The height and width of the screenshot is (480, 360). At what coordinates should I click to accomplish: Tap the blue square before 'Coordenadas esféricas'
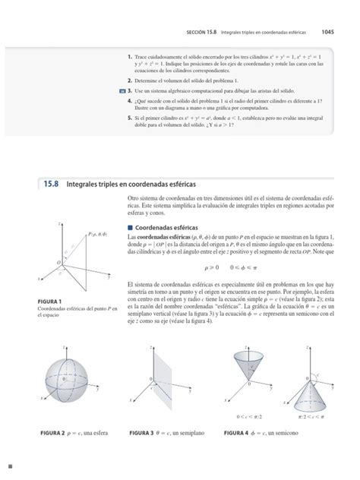(x=130, y=227)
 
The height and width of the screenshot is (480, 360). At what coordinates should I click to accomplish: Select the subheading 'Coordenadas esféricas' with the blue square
(x=163, y=227)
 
